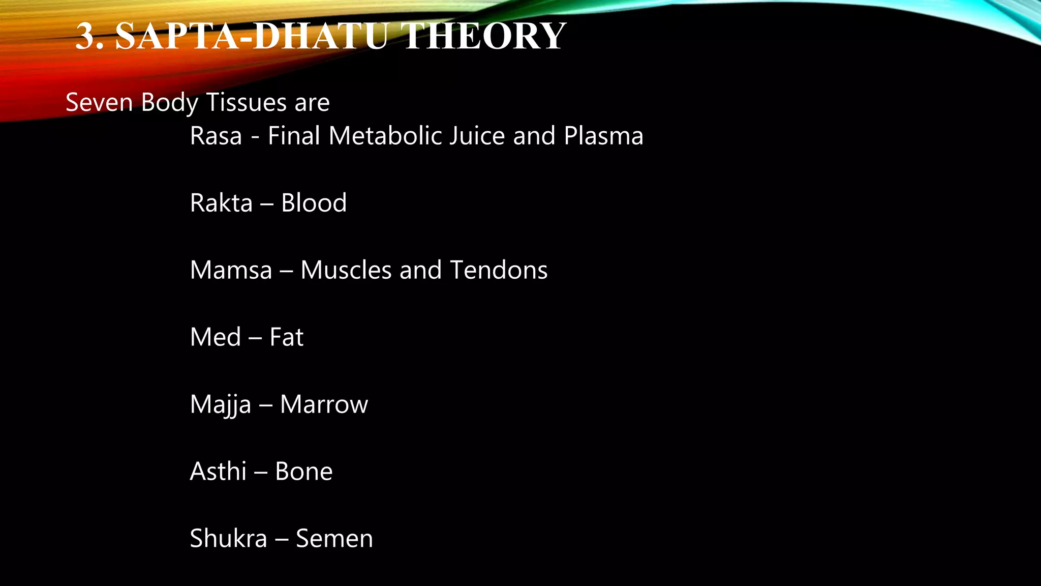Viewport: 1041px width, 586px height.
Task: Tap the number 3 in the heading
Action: pyautogui.click(x=86, y=37)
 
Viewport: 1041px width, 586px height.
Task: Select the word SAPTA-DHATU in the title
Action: pyautogui.click(x=252, y=37)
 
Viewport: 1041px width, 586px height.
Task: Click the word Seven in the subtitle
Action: pyautogui.click(x=99, y=102)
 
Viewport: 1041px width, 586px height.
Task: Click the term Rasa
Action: pyautogui.click(x=216, y=136)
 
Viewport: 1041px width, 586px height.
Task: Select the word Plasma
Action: pyautogui.click(x=603, y=136)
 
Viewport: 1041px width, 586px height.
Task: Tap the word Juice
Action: pyautogui.click(x=477, y=136)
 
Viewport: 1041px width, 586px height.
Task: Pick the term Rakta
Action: pyautogui.click(x=221, y=203)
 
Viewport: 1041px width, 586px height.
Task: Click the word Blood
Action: pyautogui.click(x=314, y=203)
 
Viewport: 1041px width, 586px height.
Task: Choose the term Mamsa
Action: pyautogui.click(x=231, y=270)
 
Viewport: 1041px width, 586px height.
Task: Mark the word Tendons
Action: pyautogui.click(x=499, y=270)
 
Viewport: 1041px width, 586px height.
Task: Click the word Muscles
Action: pyautogui.click(x=346, y=270)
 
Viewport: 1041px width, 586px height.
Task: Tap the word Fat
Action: pyautogui.click(x=286, y=337)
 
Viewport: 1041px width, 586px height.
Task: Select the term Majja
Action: pyautogui.click(x=220, y=405)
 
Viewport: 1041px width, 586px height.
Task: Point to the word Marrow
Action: pyautogui.click(x=324, y=405)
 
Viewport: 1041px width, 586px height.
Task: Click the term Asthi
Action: pyautogui.click(x=218, y=472)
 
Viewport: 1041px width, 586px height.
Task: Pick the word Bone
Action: pyautogui.click(x=303, y=472)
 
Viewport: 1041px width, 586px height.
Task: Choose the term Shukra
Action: pyautogui.click(x=228, y=539)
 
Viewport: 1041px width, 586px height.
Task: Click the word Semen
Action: pyautogui.click(x=334, y=539)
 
